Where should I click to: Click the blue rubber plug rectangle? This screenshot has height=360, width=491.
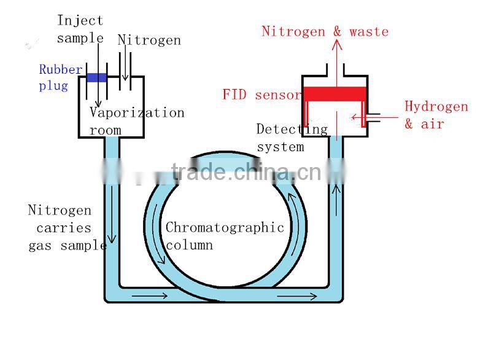coord(96,77)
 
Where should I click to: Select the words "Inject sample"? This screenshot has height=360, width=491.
coord(80,29)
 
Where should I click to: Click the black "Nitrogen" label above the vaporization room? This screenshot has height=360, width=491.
coord(150,41)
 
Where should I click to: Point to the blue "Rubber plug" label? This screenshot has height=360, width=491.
coord(60,77)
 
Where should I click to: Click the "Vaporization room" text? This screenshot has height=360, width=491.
coord(136,121)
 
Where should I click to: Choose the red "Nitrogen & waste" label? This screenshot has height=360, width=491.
coord(325,31)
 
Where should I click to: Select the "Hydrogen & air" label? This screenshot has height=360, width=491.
coord(436,115)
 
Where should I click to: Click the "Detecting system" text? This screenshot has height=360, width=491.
coord(292,138)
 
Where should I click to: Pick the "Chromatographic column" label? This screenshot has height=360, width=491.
coord(224,236)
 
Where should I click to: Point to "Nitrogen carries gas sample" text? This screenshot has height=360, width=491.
coord(66,228)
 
